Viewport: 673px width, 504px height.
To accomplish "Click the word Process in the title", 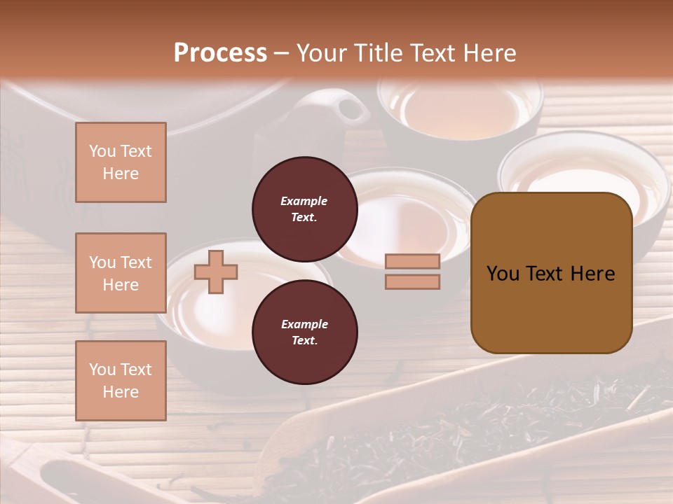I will click(220, 53).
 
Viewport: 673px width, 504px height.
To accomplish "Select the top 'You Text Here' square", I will click(121, 162).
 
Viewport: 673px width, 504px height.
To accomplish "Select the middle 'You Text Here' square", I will click(121, 273).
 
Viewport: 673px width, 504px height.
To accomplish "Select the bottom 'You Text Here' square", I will click(121, 380).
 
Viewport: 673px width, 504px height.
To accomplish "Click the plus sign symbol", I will click(216, 272).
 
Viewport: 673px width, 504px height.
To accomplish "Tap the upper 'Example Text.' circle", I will click(305, 209).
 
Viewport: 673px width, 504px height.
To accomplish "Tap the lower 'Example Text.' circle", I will click(305, 332).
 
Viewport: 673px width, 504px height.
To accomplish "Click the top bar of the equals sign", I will click(412, 262).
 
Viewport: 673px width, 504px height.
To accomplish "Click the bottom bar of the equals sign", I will click(412, 281).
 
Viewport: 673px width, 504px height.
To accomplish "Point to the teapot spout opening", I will click(345, 108).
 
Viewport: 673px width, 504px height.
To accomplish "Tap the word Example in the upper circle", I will click(304, 201).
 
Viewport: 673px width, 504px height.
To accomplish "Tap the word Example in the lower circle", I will click(304, 324).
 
